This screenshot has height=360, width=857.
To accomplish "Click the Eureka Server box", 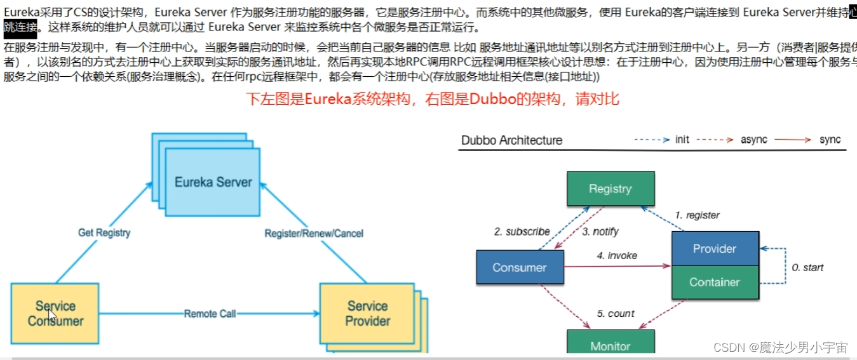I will (213, 182).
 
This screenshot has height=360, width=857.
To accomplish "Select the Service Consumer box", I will (55, 314).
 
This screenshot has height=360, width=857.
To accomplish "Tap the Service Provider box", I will (367, 314).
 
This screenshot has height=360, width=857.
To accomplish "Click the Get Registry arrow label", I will (104, 233).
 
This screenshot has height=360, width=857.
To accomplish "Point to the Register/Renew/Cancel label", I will (314, 234).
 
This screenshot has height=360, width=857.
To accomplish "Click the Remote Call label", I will (210, 314).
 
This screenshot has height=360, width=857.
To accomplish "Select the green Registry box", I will (610, 189).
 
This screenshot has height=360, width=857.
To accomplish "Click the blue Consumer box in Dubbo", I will (519, 267).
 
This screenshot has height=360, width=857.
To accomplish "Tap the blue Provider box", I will (714, 249).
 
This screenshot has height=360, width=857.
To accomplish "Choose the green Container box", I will (714, 282).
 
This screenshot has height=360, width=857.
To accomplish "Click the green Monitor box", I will (610, 345).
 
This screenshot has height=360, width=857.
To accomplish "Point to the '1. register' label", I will (697, 215).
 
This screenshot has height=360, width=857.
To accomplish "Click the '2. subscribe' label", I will (522, 232).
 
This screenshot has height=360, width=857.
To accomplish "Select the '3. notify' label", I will (600, 232).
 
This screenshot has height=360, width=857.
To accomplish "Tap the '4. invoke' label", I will (616, 255).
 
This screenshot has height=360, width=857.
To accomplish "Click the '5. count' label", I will (615, 314).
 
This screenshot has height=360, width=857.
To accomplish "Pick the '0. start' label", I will (807, 267).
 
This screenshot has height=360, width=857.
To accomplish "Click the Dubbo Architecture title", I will (511, 140).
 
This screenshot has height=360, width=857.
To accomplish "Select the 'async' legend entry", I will (753, 140).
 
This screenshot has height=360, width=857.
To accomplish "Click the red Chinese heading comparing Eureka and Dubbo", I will (432, 100).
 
